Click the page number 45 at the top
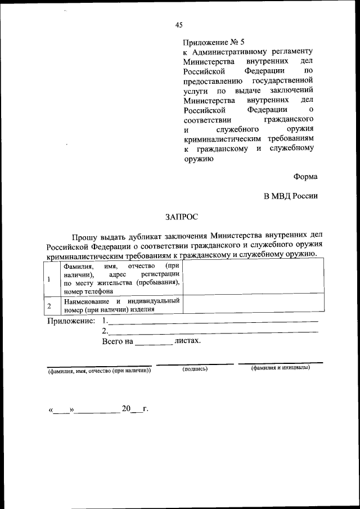[179, 24]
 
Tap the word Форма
[305, 177]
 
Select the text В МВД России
[291, 196]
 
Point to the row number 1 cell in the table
[49, 279]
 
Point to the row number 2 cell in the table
[49, 305]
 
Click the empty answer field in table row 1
[253, 278]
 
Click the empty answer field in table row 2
[253, 305]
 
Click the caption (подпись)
[195, 369]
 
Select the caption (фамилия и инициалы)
[280, 368]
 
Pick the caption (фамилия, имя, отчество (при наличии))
[99, 371]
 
